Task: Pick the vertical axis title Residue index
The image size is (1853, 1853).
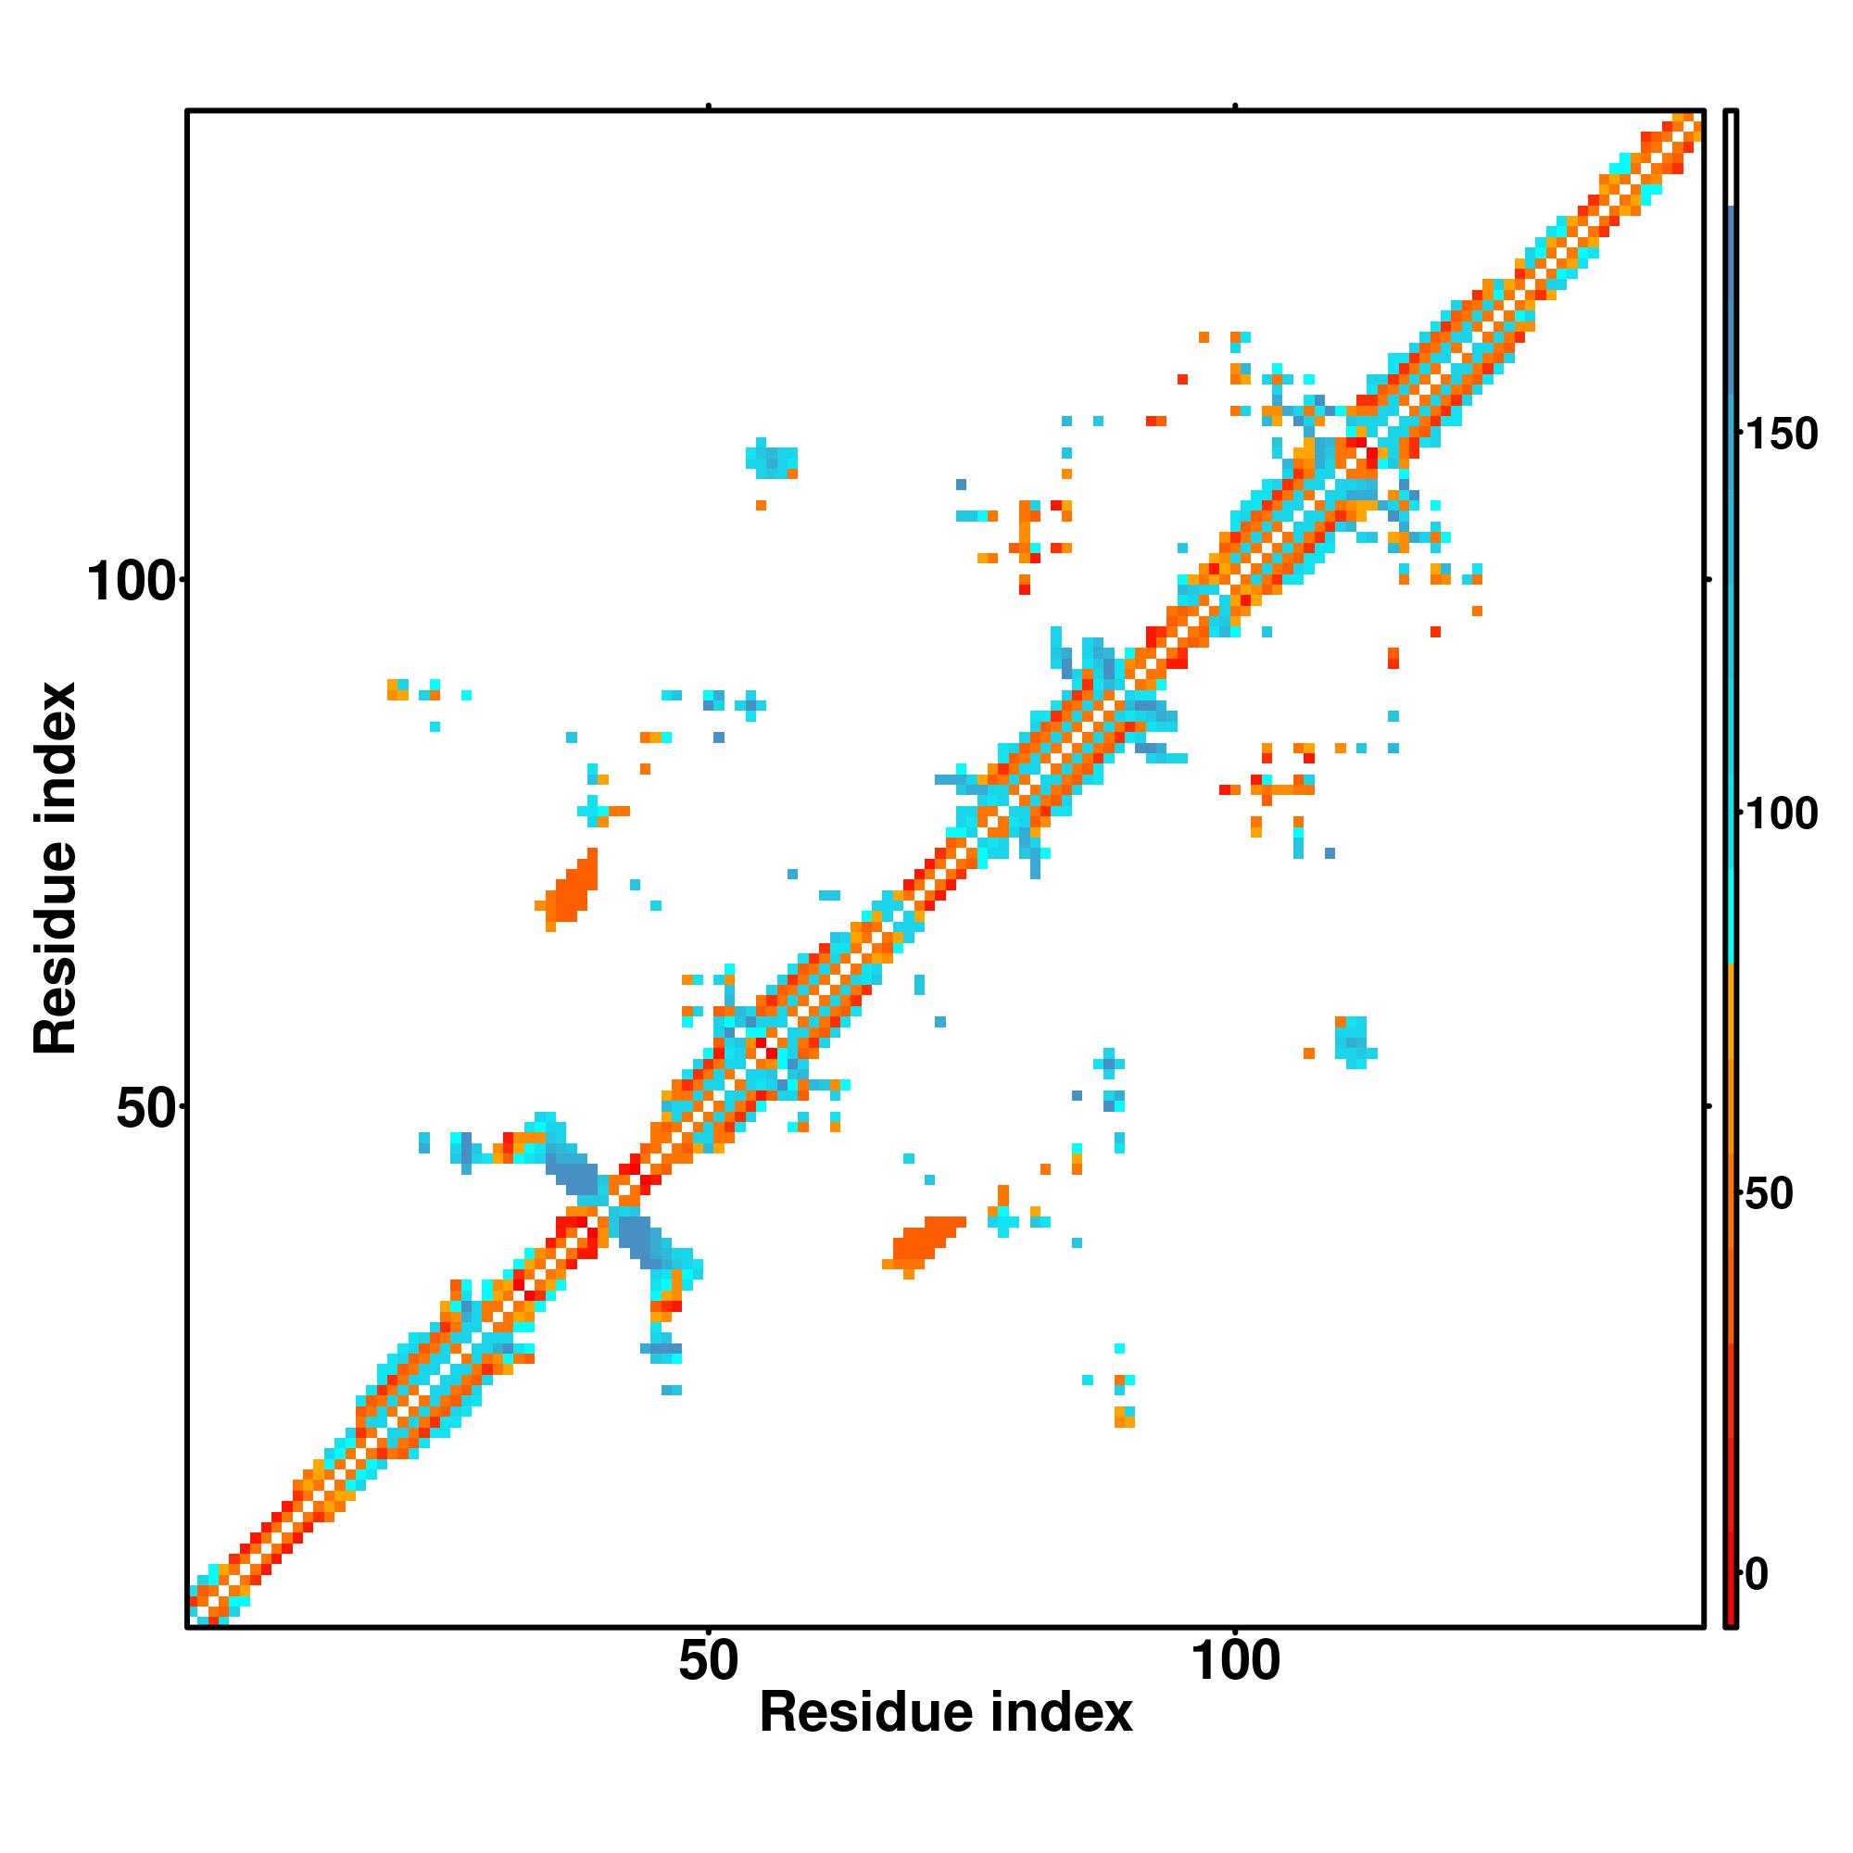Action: [56, 868]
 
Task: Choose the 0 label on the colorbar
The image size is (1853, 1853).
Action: [1757, 1574]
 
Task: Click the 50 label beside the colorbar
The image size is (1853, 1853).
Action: [1768, 1194]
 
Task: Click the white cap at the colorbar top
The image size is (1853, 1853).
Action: [1732, 158]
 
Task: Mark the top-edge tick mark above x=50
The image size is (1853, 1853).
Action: [709, 106]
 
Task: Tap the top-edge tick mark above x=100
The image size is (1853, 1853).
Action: [1235, 106]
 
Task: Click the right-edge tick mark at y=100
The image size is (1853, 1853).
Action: [1708, 579]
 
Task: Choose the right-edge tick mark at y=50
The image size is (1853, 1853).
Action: [1708, 1107]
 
